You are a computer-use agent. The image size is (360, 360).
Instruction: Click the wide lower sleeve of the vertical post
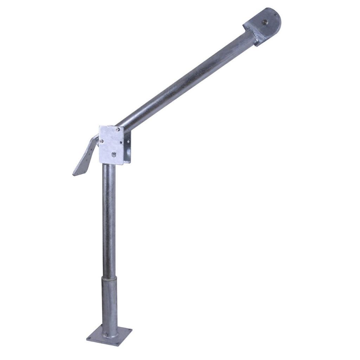click(109, 302)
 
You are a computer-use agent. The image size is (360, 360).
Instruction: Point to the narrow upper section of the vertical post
click(109, 218)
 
